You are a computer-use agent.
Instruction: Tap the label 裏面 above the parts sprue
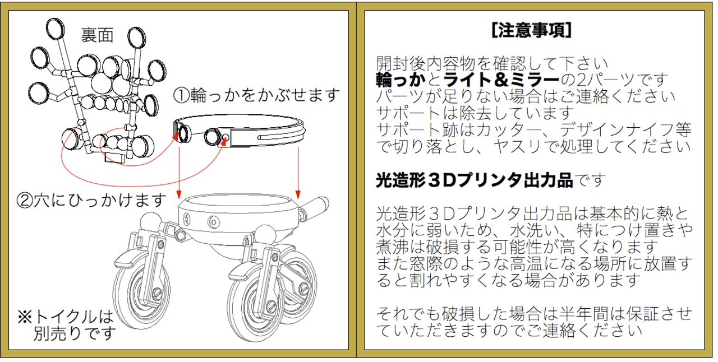(x=97, y=35)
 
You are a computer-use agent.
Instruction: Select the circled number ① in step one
(x=182, y=95)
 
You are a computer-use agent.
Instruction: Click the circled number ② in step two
(x=26, y=199)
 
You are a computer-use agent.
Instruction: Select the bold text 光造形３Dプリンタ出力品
(x=474, y=180)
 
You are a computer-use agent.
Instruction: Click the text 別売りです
(x=74, y=334)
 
